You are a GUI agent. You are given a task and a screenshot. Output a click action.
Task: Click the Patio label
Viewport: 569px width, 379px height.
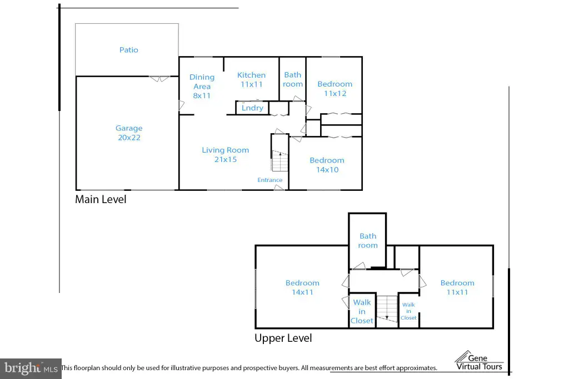(129, 50)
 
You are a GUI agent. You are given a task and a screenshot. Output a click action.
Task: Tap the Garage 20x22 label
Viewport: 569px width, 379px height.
(129, 133)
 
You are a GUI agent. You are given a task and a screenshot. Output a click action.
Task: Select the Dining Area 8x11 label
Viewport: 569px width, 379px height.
(202, 86)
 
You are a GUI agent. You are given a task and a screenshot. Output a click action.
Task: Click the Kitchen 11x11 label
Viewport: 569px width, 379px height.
(252, 80)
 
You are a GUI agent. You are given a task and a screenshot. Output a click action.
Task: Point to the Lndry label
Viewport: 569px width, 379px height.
(253, 108)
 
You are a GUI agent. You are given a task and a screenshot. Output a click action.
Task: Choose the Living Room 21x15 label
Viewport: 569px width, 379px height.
(226, 155)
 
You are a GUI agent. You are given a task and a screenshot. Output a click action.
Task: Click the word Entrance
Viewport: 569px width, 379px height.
(270, 180)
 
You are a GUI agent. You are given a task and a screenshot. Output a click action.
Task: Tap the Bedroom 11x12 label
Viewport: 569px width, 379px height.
(335, 89)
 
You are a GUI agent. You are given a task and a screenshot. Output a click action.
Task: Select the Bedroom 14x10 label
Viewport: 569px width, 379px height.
(327, 165)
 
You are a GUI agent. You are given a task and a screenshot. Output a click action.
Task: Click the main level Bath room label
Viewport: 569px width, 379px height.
(293, 79)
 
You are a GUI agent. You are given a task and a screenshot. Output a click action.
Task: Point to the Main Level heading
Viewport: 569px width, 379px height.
(101, 199)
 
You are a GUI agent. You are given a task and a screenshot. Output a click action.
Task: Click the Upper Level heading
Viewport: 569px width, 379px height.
(283, 338)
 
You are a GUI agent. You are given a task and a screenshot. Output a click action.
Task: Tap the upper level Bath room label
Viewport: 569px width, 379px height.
(368, 241)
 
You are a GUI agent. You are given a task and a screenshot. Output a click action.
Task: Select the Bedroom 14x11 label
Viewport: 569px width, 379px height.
(302, 287)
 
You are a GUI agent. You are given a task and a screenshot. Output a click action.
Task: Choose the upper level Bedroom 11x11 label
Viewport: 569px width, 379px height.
(457, 287)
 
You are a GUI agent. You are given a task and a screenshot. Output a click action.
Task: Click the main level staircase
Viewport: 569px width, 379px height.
(280, 161)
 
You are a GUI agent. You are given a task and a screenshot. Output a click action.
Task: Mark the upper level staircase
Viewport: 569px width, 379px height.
(387, 309)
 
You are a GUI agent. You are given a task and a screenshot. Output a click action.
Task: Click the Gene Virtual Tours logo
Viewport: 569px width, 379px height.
(479, 361)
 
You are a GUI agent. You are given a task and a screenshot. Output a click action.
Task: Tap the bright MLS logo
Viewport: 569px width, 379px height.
(31, 368)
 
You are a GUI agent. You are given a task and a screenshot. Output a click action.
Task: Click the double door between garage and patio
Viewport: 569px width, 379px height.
(159, 78)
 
